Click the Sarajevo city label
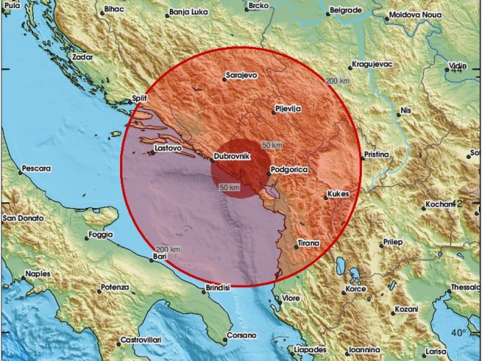coord(243,75)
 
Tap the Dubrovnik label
coord(233,157)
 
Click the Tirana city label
coord(309,242)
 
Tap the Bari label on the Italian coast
coord(160,257)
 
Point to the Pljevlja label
coord(289,108)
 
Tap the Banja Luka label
coord(189,12)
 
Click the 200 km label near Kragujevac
coord(337,81)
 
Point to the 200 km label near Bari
coord(169,250)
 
